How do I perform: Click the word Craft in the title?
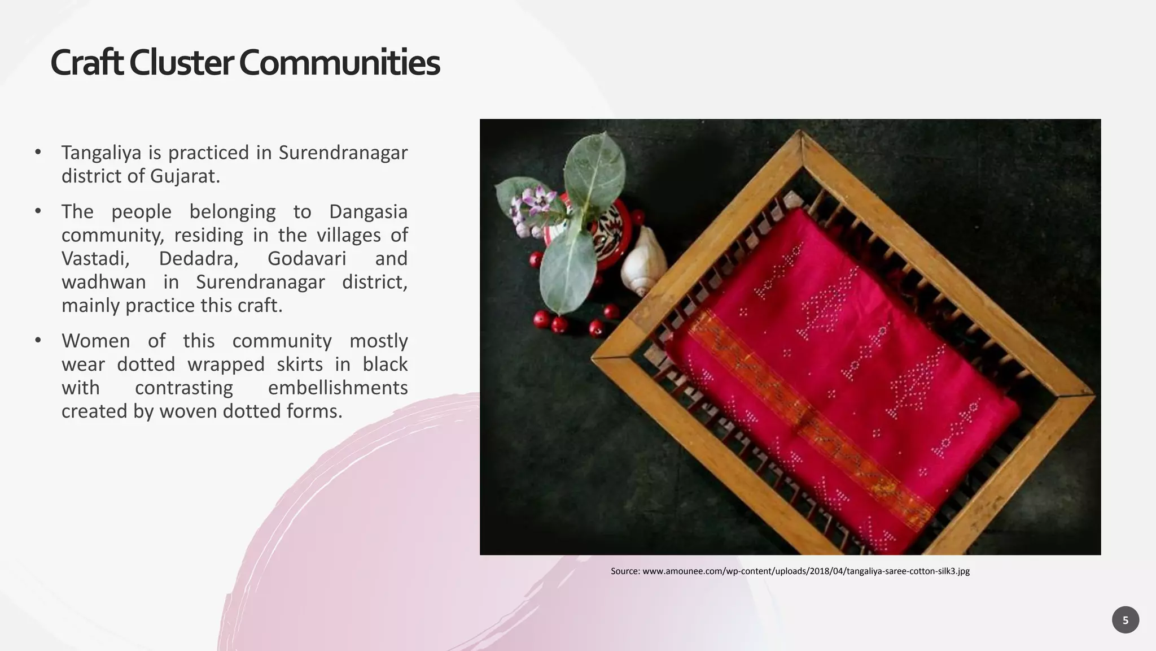[x=86, y=63]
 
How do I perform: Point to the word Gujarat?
[x=185, y=176]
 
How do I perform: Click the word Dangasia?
[x=368, y=212]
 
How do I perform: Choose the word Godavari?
[x=306, y=259]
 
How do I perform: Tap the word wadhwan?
[x=103, y=282]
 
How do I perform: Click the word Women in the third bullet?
[x=95, y=341]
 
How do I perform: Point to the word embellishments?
[x=338, y=388]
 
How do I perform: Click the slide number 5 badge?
[x=1125, y=620]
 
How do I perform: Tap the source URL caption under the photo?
[x=790, y=571]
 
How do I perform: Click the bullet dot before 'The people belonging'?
[x=38, y=211]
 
